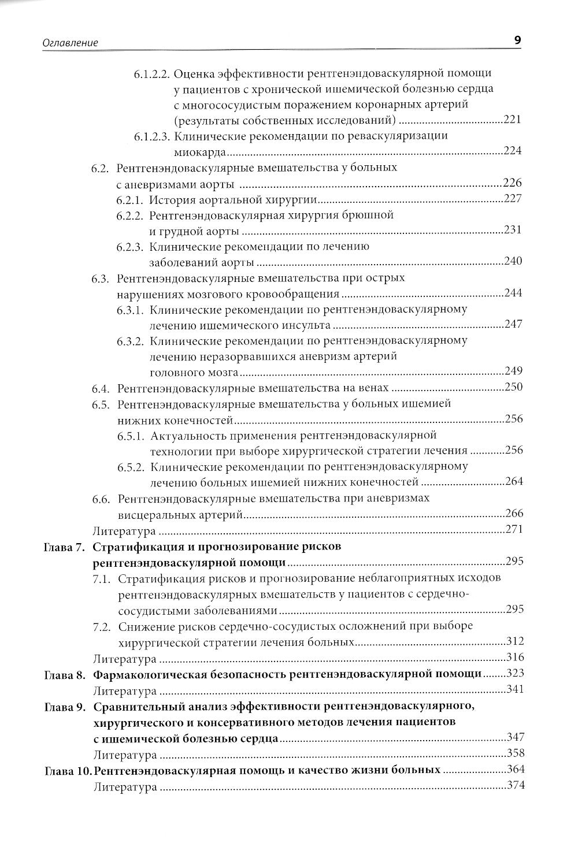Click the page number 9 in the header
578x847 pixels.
517,40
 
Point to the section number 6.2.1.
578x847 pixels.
129,199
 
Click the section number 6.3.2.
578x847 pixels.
129,340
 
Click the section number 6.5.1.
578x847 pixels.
129,434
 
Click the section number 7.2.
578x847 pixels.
101,626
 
